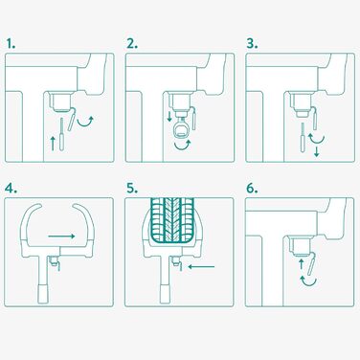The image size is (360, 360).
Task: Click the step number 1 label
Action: (x=11, y=44)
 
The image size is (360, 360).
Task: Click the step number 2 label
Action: (x=132, y=44)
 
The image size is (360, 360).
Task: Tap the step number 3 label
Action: (x=252, y=44)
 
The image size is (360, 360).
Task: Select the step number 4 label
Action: (x=11, y=189)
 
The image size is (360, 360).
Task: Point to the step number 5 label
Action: (x=132, y=189)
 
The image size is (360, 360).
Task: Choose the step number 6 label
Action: (x=252, y=189)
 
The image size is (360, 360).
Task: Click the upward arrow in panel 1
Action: (x=53, y=143)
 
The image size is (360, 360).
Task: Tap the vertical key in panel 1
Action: (x=61, y=134)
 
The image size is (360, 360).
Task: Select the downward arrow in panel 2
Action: (x=169, y=116)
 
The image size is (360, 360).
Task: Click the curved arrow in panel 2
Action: (x=183, y=146)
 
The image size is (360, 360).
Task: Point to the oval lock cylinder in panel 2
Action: (x=181, y=130)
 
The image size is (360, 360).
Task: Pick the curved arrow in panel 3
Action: (x=316, y=140)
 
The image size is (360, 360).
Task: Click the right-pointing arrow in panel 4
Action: (x=61, y=236)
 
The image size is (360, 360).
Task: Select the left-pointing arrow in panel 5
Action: (x=201, y=266)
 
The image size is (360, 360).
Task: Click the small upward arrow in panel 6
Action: (x=301, y=265)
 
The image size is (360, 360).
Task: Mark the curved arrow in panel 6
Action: (x=308, y=281)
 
